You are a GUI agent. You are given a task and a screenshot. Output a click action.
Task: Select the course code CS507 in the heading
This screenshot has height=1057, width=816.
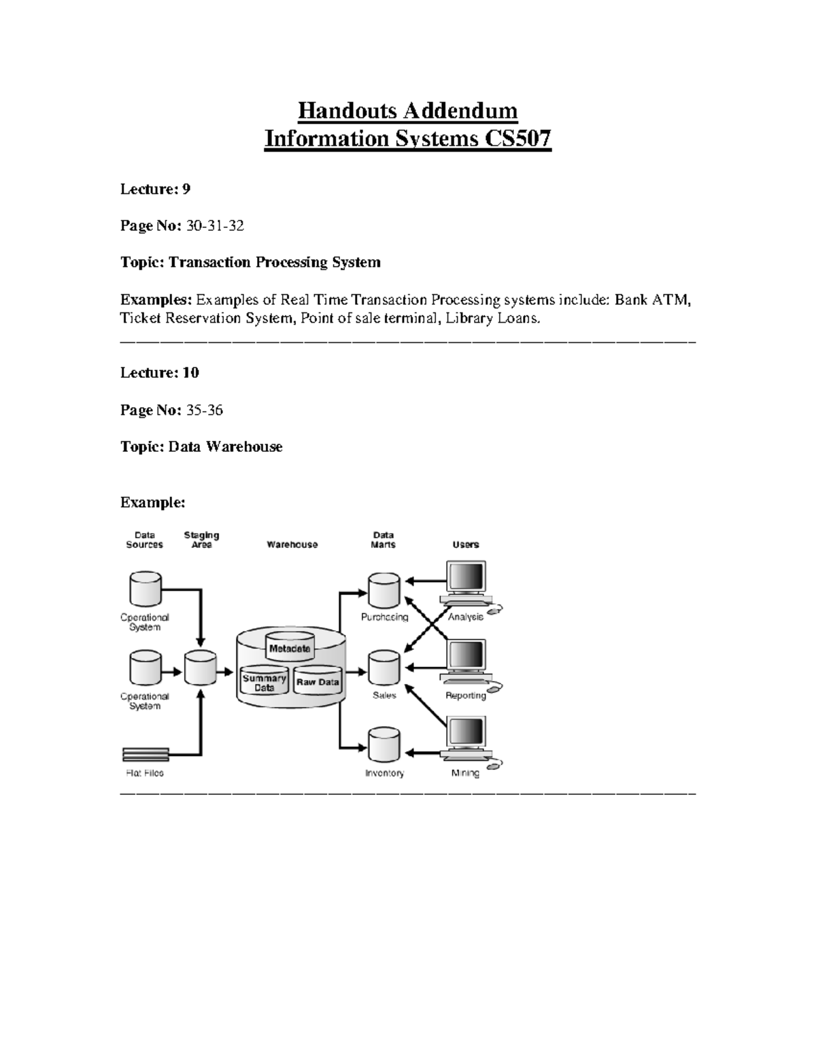[x=517, y=139]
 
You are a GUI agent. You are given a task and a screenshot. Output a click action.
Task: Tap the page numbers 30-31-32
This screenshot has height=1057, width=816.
[x=215, y=226]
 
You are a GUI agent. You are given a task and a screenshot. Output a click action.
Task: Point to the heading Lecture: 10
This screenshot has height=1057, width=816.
[x=160, y=373]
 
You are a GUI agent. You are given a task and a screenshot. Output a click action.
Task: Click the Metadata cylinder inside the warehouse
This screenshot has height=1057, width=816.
[x=290, y=648]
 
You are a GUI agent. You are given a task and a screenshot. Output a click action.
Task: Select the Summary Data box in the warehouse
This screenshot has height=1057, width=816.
[x=265, y=682]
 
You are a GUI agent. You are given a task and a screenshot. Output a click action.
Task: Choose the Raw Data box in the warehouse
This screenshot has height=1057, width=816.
[x=318, y=682]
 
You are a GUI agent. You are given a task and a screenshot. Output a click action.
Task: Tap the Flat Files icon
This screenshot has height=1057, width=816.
[x=146, y=754]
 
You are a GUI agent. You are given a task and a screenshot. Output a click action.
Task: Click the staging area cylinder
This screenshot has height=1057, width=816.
[x=201, y=668]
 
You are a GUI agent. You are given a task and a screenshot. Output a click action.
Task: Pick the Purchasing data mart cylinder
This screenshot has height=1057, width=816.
[x=384, y=591]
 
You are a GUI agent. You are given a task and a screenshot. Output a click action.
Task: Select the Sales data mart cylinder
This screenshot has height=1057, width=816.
[x=384, y=668]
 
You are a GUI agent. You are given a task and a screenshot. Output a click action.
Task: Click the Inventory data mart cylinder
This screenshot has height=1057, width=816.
[x=384, y=746]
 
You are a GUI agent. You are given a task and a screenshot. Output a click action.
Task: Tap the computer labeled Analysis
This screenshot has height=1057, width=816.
[x=466, y=582]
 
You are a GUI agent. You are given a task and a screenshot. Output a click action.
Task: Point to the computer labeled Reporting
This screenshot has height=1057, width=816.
[x=466, y=660]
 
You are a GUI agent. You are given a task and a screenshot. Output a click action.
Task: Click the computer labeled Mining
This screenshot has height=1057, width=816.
[x=466, y=738]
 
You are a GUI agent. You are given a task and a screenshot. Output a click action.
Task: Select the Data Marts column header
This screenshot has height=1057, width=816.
[x=384, y=540]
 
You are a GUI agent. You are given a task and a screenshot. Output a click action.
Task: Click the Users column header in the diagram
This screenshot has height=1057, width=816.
[x=466, y=544]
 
